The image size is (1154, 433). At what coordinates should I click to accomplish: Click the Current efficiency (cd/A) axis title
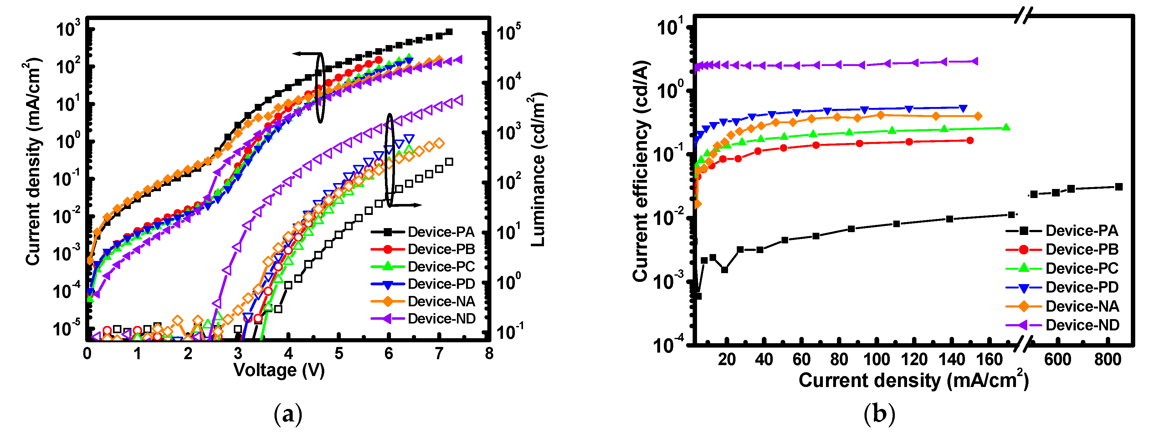click(x=641, y=170)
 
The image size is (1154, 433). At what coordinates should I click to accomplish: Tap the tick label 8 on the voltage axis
click(x=489, y=354)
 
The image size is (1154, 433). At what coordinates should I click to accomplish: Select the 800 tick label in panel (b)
click(x=1107, y=359)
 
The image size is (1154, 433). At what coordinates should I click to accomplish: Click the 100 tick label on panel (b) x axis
click(x=876, y=359)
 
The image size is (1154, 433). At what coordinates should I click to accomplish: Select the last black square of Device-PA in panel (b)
click(x=1119, y=187)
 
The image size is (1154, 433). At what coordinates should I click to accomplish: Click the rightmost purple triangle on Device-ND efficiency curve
click(x=973, y=61)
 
